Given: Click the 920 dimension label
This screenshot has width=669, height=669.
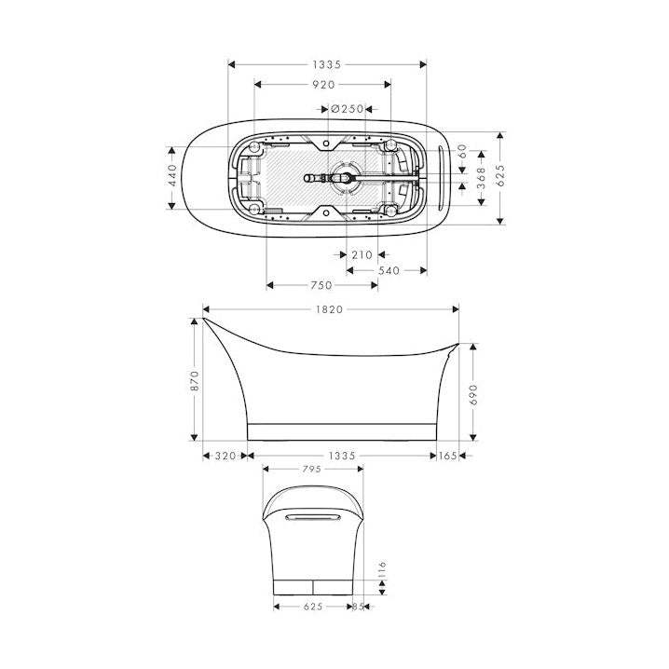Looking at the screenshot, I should [322, 84].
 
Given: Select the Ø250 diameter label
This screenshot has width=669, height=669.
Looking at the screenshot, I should [347, 108].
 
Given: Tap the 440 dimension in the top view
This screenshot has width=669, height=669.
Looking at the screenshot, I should [172, 177].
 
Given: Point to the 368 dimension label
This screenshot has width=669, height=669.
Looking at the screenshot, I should [482, 174].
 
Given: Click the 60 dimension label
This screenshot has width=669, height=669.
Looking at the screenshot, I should [463, 150].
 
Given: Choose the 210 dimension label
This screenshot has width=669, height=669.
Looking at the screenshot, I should [362, 254].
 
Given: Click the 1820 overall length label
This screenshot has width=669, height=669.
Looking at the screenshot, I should [331, 309].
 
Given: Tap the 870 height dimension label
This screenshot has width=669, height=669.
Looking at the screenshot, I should [195, 380].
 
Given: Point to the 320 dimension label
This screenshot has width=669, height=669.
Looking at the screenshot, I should [225, 456].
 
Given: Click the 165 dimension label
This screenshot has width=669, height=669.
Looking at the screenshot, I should [448, 456].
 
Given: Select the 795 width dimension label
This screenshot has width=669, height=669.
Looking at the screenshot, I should [311, 471].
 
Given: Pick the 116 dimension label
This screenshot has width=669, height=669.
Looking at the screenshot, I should [382, 569].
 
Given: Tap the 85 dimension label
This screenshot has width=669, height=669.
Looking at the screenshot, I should [360, 607].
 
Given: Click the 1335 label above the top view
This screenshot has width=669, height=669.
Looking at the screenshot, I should [327, 64].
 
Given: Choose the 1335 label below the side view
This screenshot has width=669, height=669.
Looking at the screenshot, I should [341, 456].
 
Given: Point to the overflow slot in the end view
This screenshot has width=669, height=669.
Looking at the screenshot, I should [311, 512].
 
